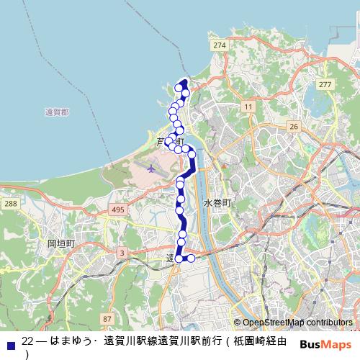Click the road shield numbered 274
pos(220,45)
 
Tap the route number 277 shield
pos(325,85)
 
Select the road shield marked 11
pos(248,107)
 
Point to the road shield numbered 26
pos(293,127)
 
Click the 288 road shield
pos(9,204)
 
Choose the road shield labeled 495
pos(118,210)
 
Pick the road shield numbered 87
pos(107,318)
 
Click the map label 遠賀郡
pos(56,112)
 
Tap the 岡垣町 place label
pos(61,243)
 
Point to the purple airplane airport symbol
pos(150,168)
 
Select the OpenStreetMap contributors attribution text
pos(297,323)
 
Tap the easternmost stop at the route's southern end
pos(191,258)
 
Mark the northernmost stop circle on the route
pos(179,88)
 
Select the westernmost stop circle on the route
pos(168,141)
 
